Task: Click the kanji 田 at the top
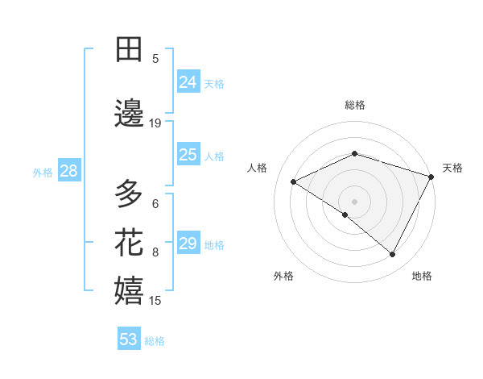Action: (130, 49)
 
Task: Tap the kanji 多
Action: (130, 194)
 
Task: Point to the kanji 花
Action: (130, 243)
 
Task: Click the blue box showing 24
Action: (188, 82)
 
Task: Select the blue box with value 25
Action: (188, 155)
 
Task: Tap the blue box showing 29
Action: (188, 244)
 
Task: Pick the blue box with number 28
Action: (68, 171)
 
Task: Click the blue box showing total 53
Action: (129, 339)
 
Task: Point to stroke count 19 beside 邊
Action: (155, 123)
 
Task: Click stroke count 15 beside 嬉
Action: (155, 301)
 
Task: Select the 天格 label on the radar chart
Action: (452, 168)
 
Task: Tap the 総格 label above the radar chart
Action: (355, 105)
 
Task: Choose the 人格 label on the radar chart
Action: (258, 168)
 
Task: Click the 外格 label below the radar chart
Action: (283, 276)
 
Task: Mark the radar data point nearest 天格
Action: (432, 177)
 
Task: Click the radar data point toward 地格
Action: (393, 255)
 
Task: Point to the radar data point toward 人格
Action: (294, 181)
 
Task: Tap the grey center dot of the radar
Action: (355, 201)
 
